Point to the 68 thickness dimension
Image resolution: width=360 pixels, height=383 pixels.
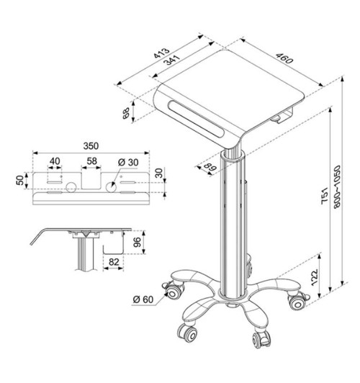point(127,113)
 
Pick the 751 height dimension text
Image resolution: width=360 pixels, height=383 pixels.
point(325,194)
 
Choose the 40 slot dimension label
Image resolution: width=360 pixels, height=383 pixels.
point(55,161)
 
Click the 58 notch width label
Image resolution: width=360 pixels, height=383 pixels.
point(91,161)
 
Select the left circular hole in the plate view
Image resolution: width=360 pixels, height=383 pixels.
point(71,187)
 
